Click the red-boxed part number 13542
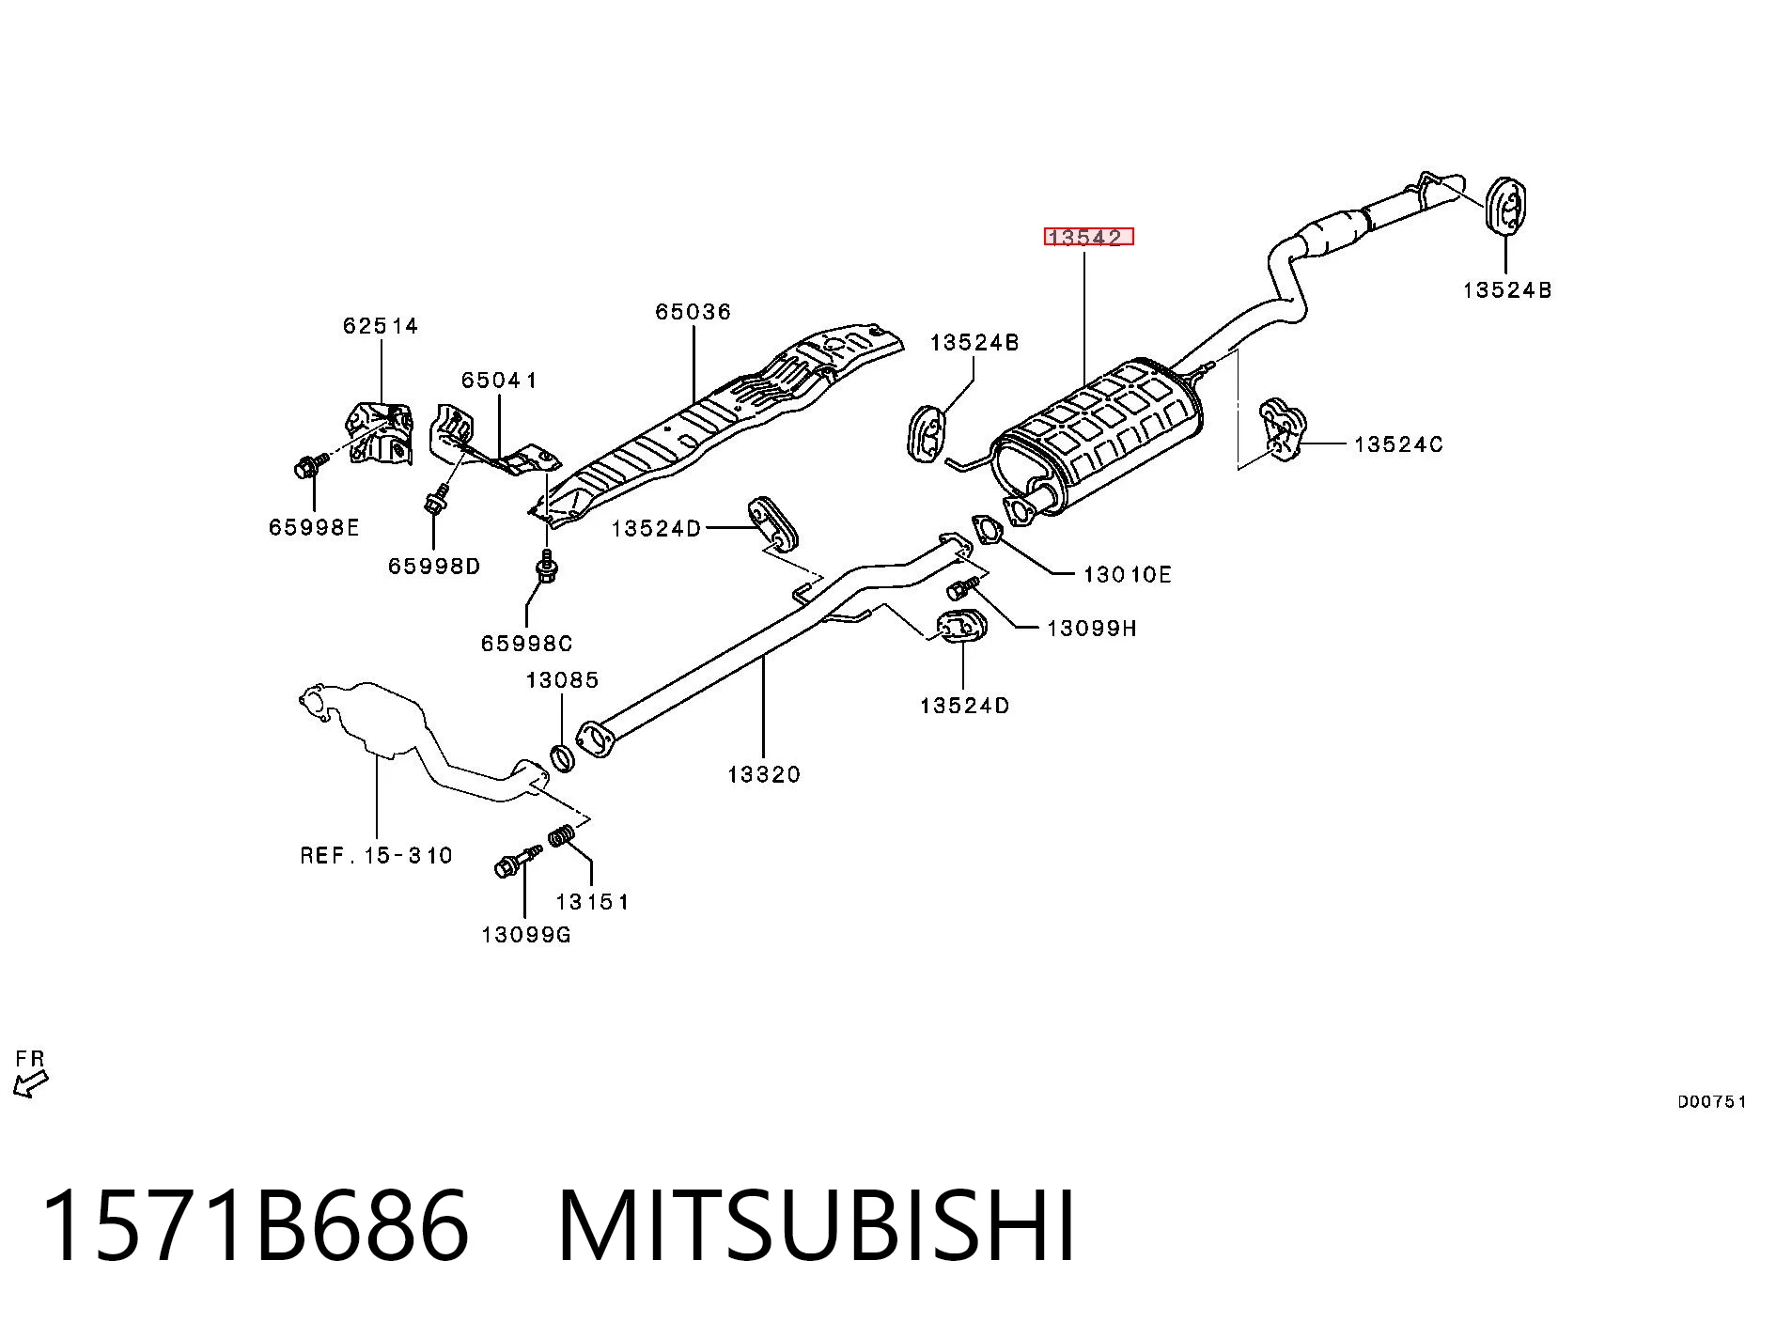tap(1088, 237)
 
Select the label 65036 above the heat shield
tap(693, 312)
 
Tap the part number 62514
tap(381, 326)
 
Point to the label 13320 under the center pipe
tap(764, 774)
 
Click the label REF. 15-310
tap(377, 855)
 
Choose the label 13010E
tap(1128, 574)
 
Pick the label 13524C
tap(1398, 444)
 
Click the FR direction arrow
tap(30, 1085)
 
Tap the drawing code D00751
tap(1712, 1102)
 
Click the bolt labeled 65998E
tap(311, 465)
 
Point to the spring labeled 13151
tap(562, 834)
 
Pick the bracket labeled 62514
tap(380, 432)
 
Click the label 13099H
tap(1092, 629)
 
